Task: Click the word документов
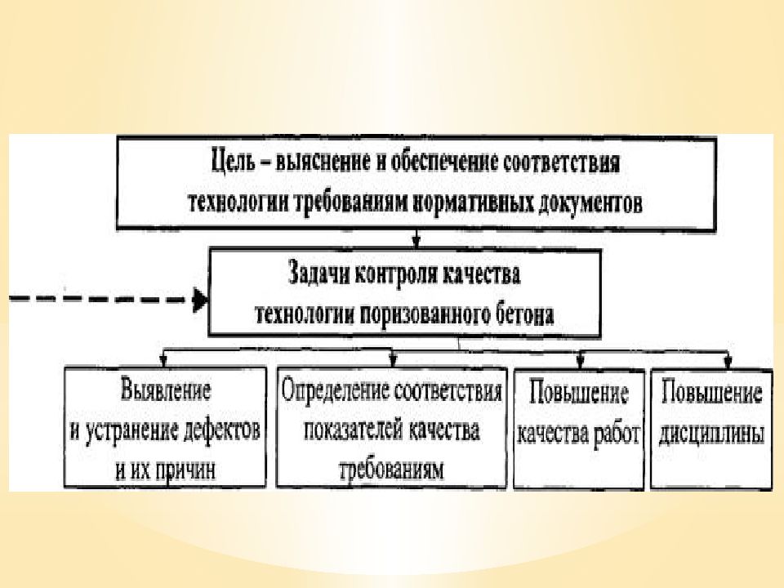[590, 203]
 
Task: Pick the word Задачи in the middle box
[318, 274]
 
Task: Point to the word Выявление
[166, 390]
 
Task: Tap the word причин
[185, 470]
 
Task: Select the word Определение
[335, 390]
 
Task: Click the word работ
[616, 434]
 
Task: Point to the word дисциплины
[711, 434]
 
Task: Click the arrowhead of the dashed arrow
[201, 300]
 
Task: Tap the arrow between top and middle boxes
[416, 239]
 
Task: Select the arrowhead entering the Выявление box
[163, 360]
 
